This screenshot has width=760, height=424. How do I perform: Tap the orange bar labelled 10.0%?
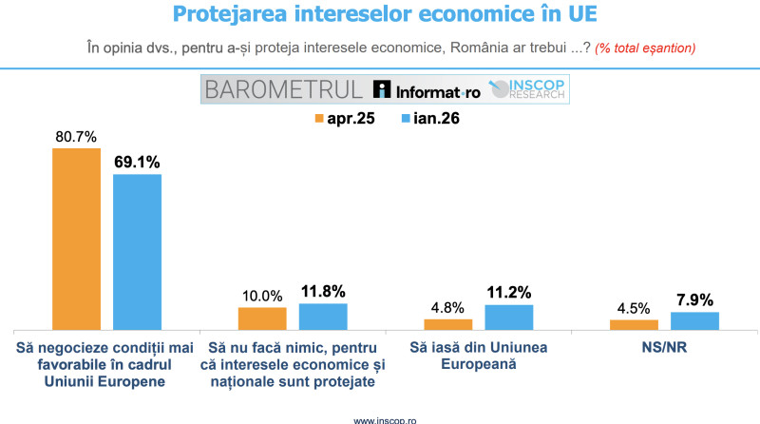pyautogui.click(x=262, y=318)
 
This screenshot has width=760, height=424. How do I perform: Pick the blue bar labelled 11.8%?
pyautogui.click(x=323, y=316)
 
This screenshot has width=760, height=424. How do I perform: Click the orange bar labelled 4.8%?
pyautogui.click(x=448, y=323)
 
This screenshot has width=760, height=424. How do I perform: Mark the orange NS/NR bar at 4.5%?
pyautogui.click(x=634, y=323)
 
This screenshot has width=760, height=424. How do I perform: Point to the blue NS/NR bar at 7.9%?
pyautogui.click(x=694, y=319)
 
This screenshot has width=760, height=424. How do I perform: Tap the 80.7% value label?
pyautogui.click(x=76, y=136)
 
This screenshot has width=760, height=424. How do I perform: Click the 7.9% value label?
pyautogui.click(x=695, y=298)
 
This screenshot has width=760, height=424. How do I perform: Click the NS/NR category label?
pyautogui.click(x=664, y=347)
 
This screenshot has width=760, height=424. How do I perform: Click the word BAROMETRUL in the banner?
pyautogui.click(x=284, y=89)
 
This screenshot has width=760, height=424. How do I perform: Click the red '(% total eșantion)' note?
pyautogui.click(x=645, y=48)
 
